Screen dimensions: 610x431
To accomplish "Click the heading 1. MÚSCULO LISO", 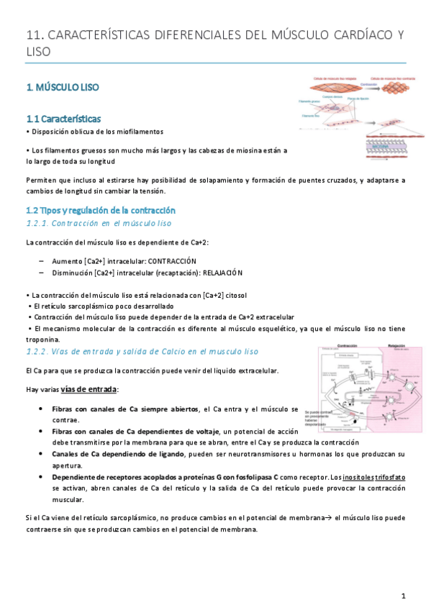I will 63,87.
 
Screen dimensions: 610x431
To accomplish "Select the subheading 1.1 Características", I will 63,119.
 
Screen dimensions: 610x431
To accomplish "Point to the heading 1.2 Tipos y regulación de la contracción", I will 101,210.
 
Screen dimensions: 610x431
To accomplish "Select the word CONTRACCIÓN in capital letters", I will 171,260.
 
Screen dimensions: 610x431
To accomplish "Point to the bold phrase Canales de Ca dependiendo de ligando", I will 119,454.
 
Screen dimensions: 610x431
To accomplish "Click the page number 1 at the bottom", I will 404,596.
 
